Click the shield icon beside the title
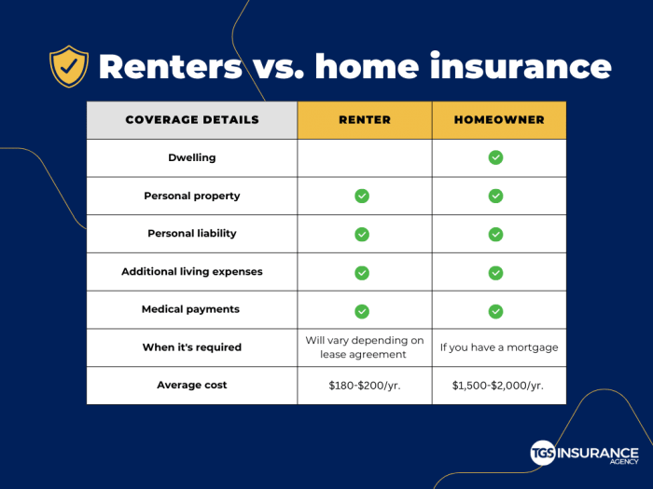click(69, 67)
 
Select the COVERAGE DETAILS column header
click(191, 120)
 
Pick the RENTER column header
click(364, 120)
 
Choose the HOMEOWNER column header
click(498, 120)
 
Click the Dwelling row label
click(191, 158)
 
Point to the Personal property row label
click(191, 196)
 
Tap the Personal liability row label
click(191, 234)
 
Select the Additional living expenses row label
click(191, 272)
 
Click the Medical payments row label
click(191, 309)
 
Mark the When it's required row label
click(191, 347)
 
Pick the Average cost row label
click(191, 385)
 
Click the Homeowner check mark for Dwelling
click(495, 158)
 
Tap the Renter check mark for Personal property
click(362, 196)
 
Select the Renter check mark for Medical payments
click(362, 311)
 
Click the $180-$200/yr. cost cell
click(364, 385)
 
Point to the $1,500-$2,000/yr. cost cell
click(498, 385)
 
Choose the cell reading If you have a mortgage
click(498, 347)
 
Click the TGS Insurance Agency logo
click(585, 452)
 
